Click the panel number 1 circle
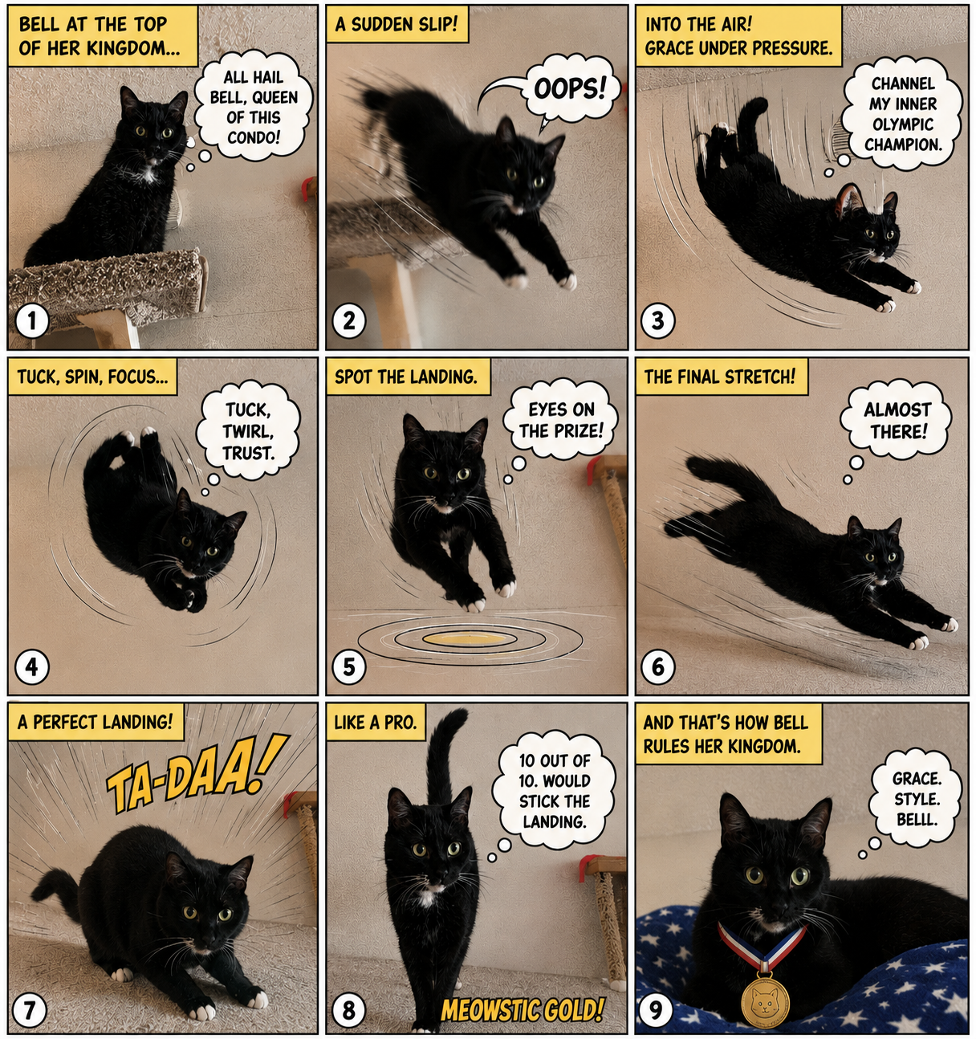point(32,320)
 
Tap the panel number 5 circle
point(349,667)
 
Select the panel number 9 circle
point(656,1010)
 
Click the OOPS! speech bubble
point(569,89)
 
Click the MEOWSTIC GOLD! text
point(522,1009)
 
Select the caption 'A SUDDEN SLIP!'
point(397,24)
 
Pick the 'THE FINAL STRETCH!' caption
point(721,377)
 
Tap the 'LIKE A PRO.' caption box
point(376,722)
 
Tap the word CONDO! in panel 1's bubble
point(254,137)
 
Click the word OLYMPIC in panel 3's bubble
point(903,124)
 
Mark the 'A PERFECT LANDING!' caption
point(96,722)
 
